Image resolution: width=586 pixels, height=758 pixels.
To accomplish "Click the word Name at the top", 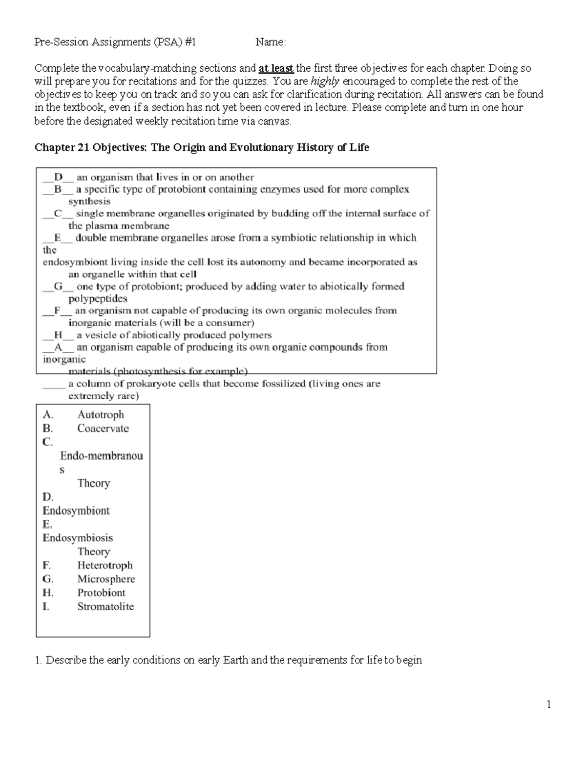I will [269, 42].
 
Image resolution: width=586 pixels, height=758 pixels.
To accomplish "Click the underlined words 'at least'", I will [276, 68].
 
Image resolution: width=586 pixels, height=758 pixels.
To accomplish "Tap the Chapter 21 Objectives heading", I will [201, 147].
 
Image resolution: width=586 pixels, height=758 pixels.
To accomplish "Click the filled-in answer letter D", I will [59, 177].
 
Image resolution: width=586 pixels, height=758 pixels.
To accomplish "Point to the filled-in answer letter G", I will [59, 287].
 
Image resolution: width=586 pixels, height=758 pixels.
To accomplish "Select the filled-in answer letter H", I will [59, 335].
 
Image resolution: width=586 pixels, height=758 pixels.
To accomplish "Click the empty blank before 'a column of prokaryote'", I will [53, 384].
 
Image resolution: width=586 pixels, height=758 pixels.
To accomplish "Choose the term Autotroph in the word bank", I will [101, 415].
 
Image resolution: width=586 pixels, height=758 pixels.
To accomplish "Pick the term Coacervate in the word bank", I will [103, 429].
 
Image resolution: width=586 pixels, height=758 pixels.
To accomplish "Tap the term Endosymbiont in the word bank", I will [76, 511].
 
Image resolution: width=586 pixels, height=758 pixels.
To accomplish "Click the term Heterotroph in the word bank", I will [105, 565].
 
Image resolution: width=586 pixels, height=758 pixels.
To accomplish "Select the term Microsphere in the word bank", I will [106, 579].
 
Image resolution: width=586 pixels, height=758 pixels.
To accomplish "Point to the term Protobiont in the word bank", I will [101, 593].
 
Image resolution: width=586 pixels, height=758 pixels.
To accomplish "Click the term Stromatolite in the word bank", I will [105, 607].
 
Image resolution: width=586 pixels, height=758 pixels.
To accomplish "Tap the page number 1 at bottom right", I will [549, 704].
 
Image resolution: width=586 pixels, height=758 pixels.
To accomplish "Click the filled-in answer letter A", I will [59, 348].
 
